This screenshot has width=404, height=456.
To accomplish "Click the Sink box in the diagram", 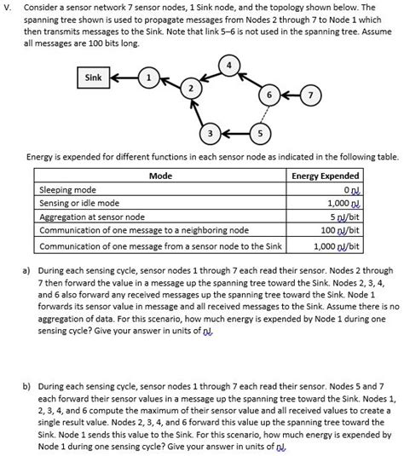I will tap(93, 78).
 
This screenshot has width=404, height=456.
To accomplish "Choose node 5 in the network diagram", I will tap(260, 135).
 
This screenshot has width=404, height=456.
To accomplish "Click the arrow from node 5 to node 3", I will tap(234, 135).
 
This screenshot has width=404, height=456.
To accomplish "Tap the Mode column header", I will tap(160, 176).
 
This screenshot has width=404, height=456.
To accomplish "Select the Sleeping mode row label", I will tap(68, 189).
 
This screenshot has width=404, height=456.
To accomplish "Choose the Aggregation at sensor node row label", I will tap(92, 216).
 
